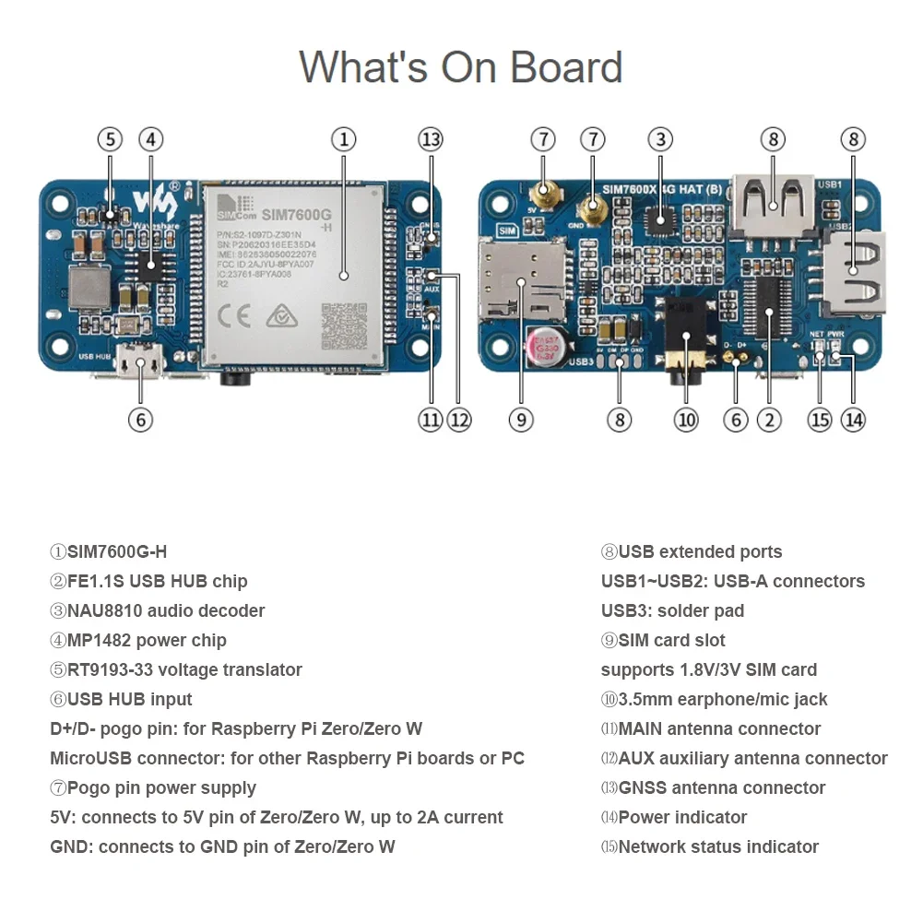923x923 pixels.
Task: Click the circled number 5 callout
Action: tap(110, 140)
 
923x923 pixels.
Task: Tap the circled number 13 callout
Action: tap(431, 140)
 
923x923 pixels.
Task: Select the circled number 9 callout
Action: tap(521, 420)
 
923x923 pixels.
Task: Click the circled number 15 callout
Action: tap(820, 420)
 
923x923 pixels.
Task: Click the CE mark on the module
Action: tap(236, 318)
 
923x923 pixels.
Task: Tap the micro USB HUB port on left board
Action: tap(140, 363)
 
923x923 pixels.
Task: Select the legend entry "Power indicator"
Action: tap(682, 818)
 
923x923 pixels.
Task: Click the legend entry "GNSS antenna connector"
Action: tap(721, 788)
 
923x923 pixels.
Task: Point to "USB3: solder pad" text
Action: tap(672, 611)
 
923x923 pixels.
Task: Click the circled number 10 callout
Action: tap(686, 420)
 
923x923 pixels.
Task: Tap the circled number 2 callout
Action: tap(769, 420)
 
